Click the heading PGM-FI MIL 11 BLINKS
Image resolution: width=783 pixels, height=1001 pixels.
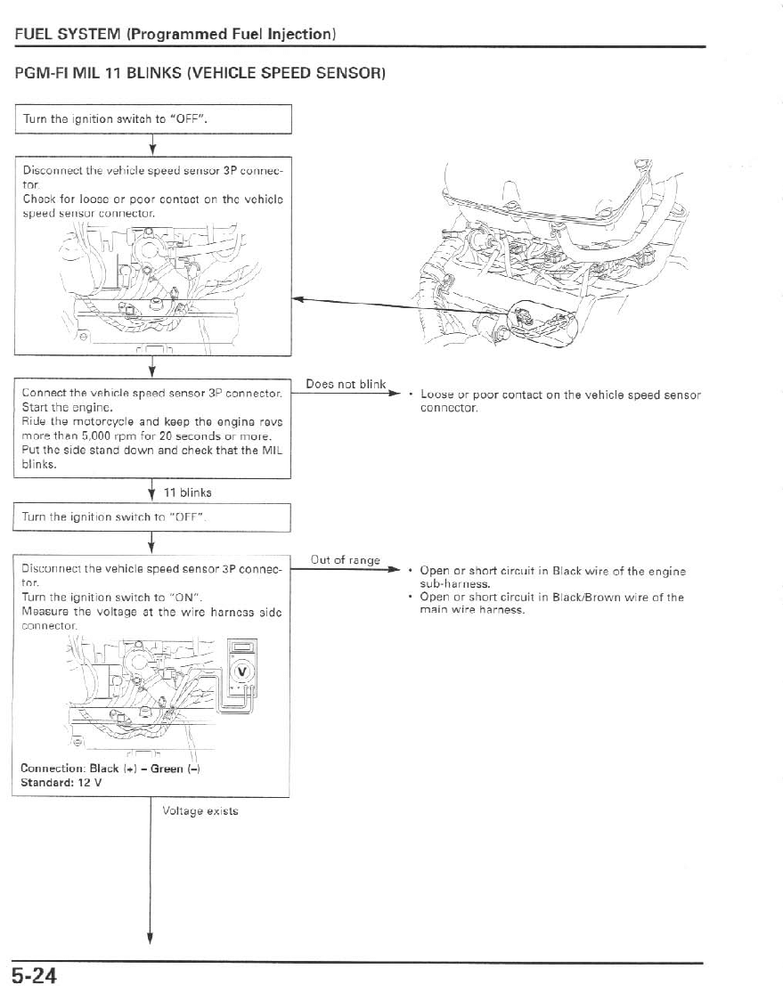199,73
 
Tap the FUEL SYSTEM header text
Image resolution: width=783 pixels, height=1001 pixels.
174,34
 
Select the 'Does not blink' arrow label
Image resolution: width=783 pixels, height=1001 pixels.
345,385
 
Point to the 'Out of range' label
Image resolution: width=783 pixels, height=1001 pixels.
345,560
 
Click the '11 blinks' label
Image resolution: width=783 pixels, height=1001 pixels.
186,492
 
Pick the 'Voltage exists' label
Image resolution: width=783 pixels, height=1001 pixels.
200,810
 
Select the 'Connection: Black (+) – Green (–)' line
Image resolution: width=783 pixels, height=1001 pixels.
110,769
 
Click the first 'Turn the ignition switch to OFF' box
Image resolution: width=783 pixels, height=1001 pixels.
152,118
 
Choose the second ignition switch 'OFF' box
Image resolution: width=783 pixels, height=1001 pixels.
152,517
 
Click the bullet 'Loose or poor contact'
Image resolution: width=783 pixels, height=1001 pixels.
559,401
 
